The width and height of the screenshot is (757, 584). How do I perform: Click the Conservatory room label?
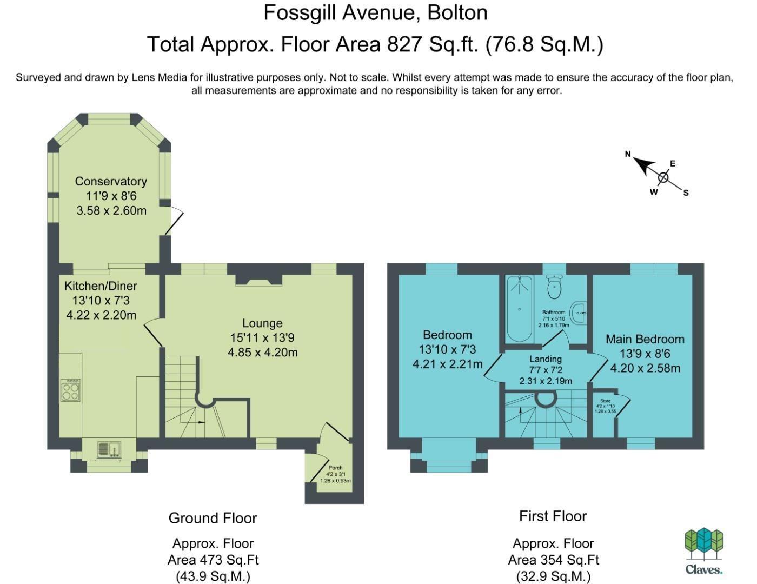111,182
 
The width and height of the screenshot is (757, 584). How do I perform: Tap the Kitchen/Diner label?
101,286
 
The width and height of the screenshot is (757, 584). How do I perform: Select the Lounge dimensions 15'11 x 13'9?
262,337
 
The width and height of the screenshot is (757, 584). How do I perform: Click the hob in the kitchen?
70,390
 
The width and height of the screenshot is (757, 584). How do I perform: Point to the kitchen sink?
109,449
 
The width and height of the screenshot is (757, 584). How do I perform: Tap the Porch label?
335,468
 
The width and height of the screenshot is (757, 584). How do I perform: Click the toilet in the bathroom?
554,287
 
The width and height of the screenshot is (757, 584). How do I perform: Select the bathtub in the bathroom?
520,309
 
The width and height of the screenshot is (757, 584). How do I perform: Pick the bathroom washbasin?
578,313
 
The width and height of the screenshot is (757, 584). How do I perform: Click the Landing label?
546,359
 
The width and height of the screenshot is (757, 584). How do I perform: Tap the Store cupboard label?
606,401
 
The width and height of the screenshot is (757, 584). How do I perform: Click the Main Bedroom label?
645,339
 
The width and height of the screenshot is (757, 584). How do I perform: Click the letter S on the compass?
686,193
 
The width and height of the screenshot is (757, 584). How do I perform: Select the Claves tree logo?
703,543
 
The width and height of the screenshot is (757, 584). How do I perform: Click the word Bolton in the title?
457,13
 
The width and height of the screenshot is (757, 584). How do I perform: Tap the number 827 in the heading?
404,44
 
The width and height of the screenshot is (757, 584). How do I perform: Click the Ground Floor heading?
213,518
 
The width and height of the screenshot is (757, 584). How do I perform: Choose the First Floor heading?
553,516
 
